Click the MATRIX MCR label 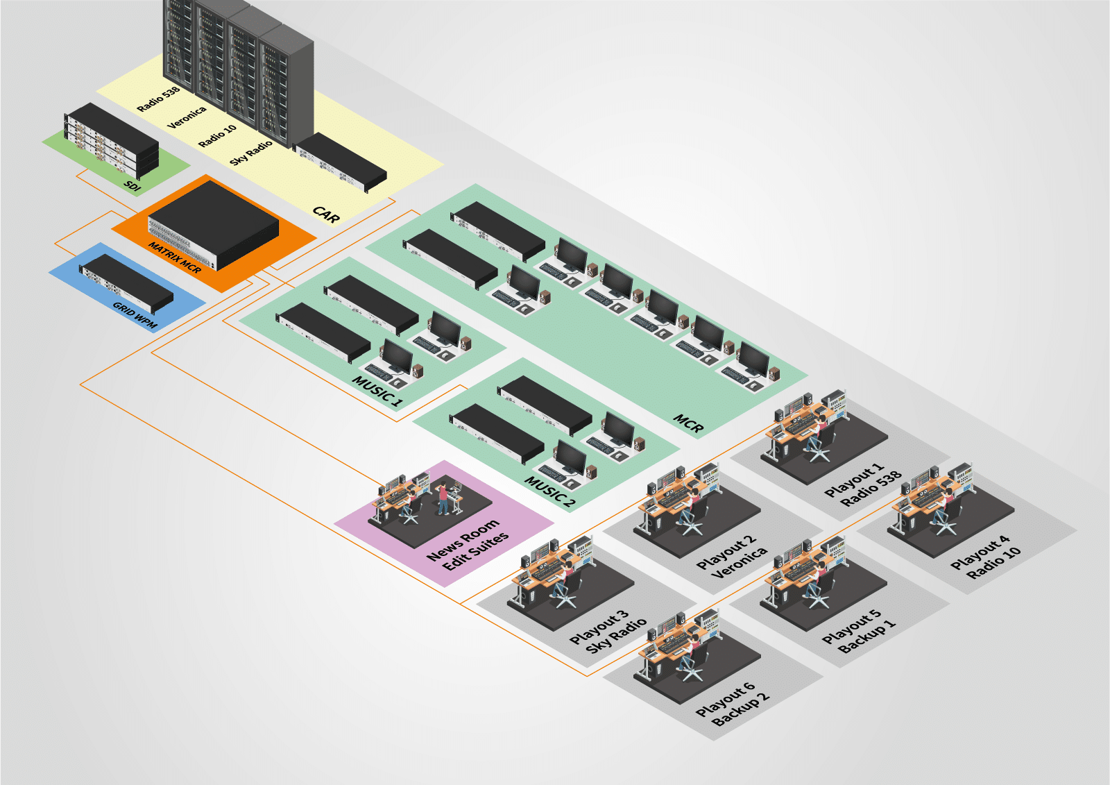pos(175,257)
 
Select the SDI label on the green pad pos(133,185)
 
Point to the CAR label pos(326,214)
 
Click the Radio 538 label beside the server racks pos(158,99)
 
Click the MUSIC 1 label pos(377,391)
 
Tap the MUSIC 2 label pos(549,491)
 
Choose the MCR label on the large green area pos(689,423)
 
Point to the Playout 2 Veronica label pos(733,557)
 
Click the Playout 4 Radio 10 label pos(986,557)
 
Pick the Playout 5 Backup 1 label pos(859,631)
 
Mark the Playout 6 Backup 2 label pos(733,704)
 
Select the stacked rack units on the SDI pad pos(111,140)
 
